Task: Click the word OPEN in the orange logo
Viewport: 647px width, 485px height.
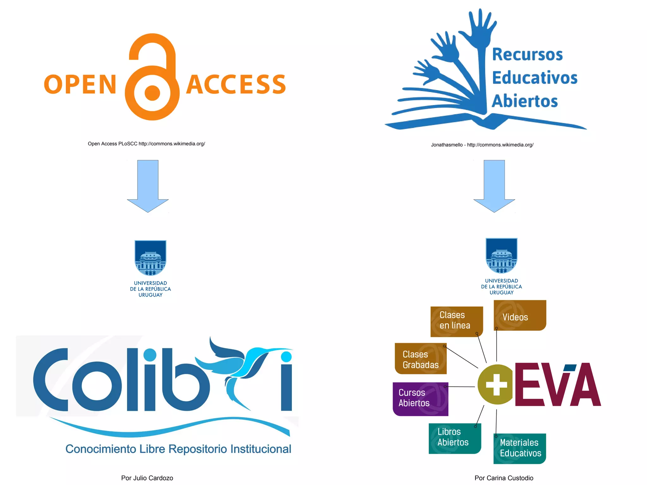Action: (x=80, y=85)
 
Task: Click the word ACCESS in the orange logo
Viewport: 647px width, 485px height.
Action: (x=236, y=85)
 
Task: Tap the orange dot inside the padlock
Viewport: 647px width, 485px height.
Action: (x=153, y=93)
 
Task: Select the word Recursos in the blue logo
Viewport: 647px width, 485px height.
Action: (x=527, y=54)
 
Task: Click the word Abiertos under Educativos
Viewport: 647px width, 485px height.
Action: (x=525, y=101)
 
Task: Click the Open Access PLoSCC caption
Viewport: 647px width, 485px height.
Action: (x=146, y=144)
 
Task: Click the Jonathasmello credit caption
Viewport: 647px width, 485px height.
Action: (x=482, y=145)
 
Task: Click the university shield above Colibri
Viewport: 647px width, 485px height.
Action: (x=150, y=258)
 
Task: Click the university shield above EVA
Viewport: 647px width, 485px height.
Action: (x=501, y=256)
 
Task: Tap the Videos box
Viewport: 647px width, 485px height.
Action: (x=520, y=316)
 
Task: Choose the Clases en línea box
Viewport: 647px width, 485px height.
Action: (x=456, y=321)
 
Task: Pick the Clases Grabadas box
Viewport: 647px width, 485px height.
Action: (x=420, y=359)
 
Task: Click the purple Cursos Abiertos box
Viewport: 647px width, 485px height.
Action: (x=420, y=399)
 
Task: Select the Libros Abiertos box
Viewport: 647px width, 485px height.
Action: (x=454, y=438)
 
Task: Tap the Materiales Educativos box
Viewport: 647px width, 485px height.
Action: (x=520, y=448)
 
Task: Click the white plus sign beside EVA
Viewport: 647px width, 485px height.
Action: (x=496, y=385)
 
